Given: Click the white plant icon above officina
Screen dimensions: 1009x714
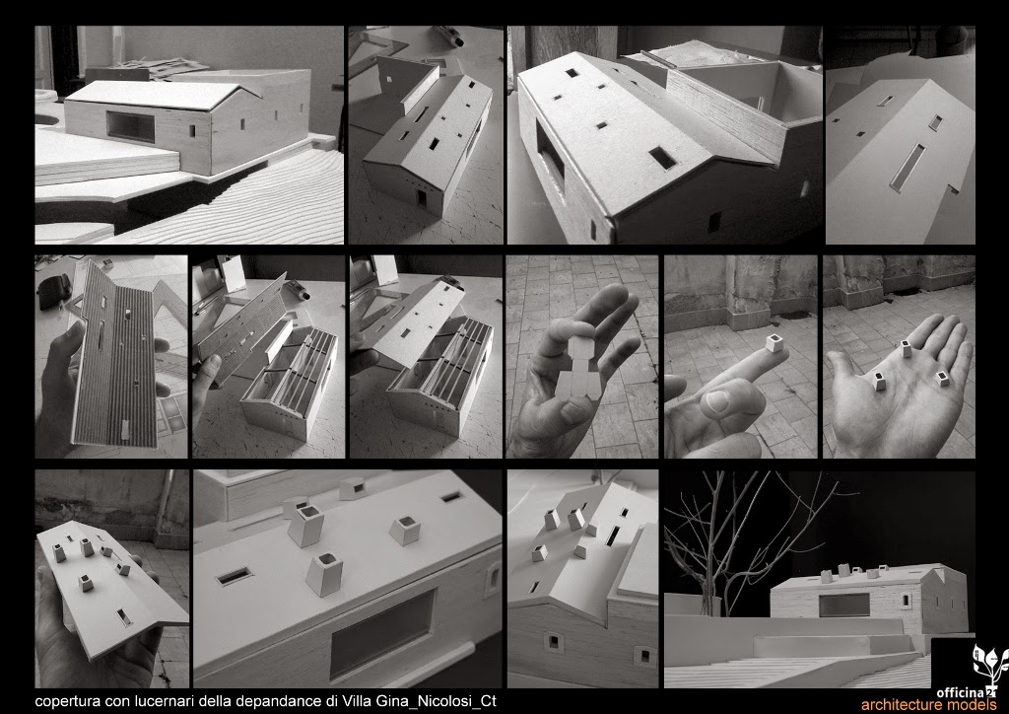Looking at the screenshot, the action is pos(989,667).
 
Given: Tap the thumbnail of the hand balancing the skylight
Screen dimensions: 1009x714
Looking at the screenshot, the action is pos(741,357).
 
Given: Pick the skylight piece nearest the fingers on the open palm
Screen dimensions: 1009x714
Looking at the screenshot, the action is pos(907,348).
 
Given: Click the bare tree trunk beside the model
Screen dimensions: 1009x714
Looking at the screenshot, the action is pos(713,566).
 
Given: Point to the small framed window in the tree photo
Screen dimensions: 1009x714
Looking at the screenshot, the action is pos(907,601).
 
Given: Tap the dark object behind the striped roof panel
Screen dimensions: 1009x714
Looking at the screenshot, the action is pos(54,290).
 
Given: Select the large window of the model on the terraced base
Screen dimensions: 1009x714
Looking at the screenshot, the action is pos(131,126).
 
